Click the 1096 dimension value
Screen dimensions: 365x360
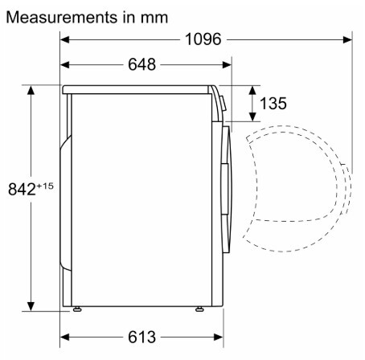tap(203, 39)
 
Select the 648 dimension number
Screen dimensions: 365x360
tap(141, 64)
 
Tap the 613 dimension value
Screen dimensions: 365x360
tap(141, 337)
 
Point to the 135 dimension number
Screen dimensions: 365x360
tap(273, 103)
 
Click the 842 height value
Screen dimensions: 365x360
tap(22, 189)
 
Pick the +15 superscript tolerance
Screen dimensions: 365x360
tap(45, 186)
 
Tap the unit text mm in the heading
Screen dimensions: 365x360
tap(154, 18)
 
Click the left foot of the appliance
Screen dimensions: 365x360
tap(77, 309)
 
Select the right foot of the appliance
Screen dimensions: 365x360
tap(199, 309)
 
